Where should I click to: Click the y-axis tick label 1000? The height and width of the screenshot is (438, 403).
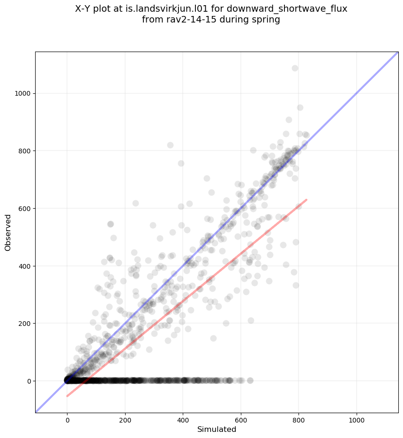22,93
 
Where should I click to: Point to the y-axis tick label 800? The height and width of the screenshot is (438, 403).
24,151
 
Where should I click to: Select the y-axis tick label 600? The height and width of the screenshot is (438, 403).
24,208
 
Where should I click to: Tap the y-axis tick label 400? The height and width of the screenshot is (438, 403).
24,266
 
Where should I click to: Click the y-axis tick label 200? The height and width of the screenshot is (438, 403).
24,324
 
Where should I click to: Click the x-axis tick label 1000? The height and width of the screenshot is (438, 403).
357,419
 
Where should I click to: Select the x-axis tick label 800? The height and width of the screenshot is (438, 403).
299,419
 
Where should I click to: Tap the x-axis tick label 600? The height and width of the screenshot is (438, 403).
241,419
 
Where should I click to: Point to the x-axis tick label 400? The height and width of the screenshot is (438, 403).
183,419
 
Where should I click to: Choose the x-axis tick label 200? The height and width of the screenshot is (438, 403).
125,419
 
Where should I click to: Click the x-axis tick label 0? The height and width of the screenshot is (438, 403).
67,419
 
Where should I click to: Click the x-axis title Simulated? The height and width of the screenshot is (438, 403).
216,430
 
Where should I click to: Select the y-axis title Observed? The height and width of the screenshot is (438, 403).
8,233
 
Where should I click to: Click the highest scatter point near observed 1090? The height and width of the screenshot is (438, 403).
295,68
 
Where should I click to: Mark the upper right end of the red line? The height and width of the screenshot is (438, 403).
306,200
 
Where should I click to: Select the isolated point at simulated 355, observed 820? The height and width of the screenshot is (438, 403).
170,145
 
